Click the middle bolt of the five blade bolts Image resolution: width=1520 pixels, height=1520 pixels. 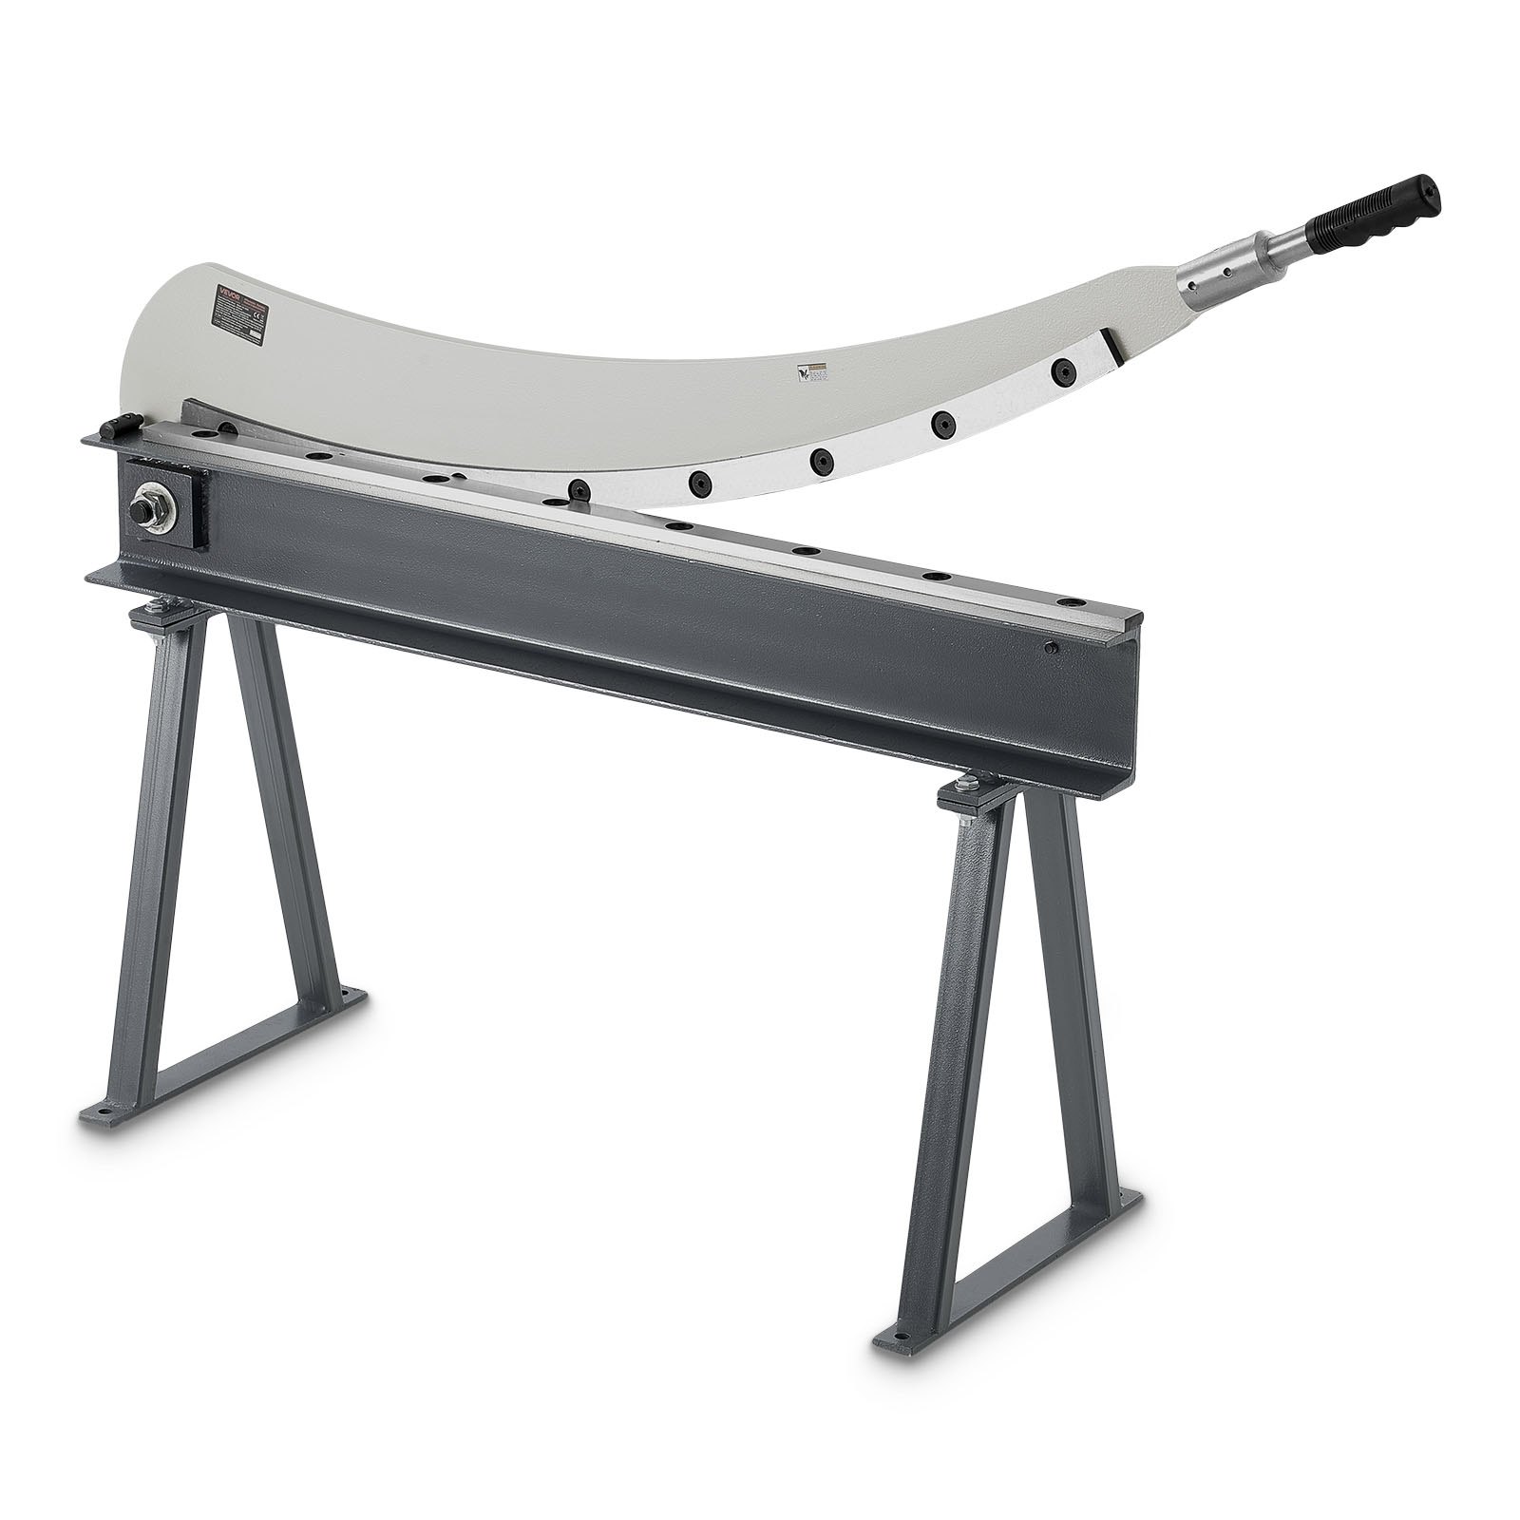819,459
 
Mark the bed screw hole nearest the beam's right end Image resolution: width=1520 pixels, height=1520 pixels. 1071,601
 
